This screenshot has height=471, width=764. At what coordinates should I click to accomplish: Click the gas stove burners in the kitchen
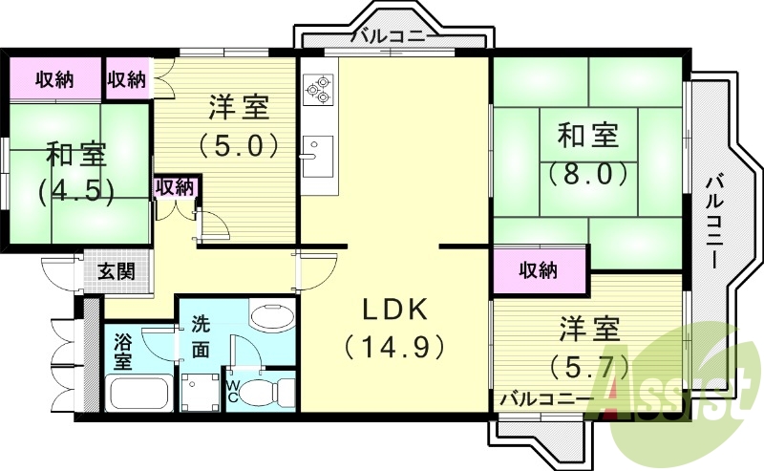pyautogui.click(x=317, y=89)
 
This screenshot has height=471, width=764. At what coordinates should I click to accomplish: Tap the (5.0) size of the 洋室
pyautogui.click(x=239, y=145)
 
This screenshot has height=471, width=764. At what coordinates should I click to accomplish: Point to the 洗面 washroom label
pyautogui.click(x=201, y=335)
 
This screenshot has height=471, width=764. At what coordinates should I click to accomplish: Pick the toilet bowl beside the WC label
pyautogui.click(x=268, y=390)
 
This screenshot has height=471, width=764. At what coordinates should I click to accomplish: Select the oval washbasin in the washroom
pyautogui.click(x=272, y=317)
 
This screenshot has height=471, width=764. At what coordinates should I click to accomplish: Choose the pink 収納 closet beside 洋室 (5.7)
pyautogui.click(x=539, y=270)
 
